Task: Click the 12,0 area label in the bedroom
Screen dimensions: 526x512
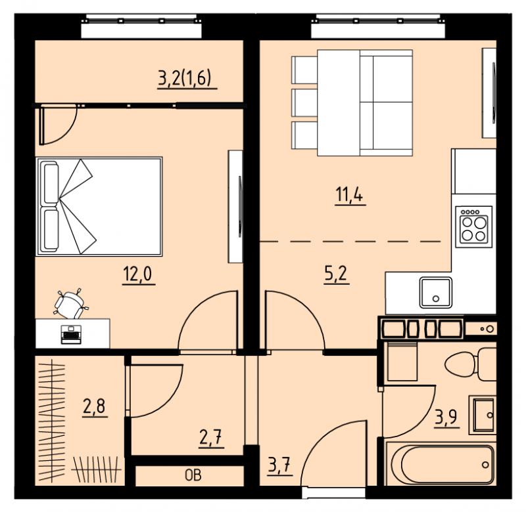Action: (x=137, y=274)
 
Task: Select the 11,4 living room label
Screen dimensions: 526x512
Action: (x=349, y=195)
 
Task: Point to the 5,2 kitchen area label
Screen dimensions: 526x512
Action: (x=337, y=274)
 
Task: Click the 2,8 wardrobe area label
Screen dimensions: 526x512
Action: (x=94, y=406)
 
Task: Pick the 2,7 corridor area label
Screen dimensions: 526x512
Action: (x=211, y=437)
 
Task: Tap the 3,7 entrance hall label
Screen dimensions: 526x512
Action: (x=279, y=465)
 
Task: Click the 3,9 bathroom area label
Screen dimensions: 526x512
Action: (x=447, y=417)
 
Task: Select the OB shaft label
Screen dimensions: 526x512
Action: (x=193, y=475)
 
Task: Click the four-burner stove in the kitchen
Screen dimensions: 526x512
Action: (x=473, y=226)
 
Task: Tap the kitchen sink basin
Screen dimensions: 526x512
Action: (x=436, y=292)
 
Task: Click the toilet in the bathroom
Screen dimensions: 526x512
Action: (x=470, y=364)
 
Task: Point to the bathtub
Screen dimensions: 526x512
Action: (x=441, y=464)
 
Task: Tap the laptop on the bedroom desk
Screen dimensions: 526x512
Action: (x=71, y=334)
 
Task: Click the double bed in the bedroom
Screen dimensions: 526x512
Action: (x=99, y=206)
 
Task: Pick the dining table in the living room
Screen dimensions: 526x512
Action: (x=339, y=103)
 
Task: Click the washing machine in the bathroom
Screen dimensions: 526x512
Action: (x=402, y=361)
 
